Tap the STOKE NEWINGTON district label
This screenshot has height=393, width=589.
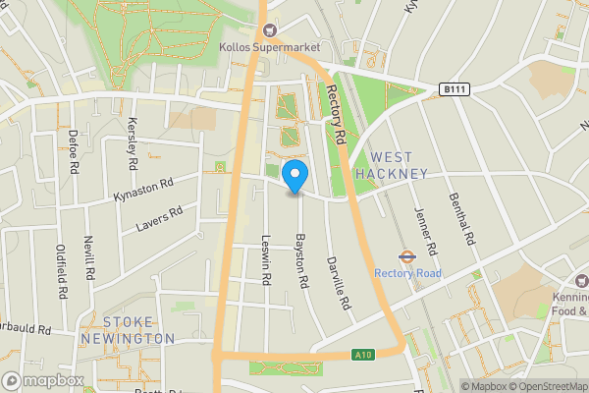point(138,330)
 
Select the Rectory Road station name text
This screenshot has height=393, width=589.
point(407,273)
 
